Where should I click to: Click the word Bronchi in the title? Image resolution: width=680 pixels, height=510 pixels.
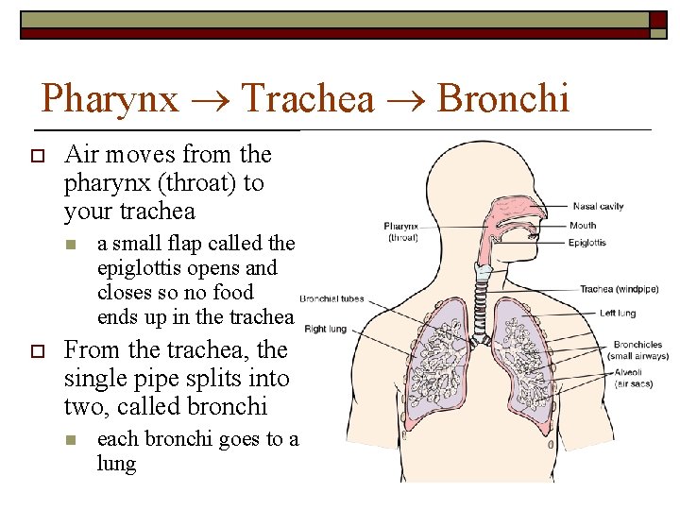click(504, 97)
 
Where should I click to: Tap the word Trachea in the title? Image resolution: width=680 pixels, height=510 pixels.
click(307, 97)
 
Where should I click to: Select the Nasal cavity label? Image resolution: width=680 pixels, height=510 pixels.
click(598, 206)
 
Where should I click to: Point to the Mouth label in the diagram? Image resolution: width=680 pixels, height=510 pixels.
click(583, 226)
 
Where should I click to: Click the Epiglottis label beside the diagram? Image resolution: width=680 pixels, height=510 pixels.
click(587, 243)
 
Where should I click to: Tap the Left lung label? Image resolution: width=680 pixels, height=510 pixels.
click(619, 313)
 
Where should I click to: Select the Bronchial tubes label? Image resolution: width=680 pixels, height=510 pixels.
click(331, 299)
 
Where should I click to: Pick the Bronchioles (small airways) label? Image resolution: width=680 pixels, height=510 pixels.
click(638, 350)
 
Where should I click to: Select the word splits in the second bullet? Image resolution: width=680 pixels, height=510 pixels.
click(227, 379)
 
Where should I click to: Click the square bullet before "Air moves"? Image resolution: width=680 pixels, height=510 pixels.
click(37, 155)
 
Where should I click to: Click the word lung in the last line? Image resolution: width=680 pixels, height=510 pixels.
click(116, 464)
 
